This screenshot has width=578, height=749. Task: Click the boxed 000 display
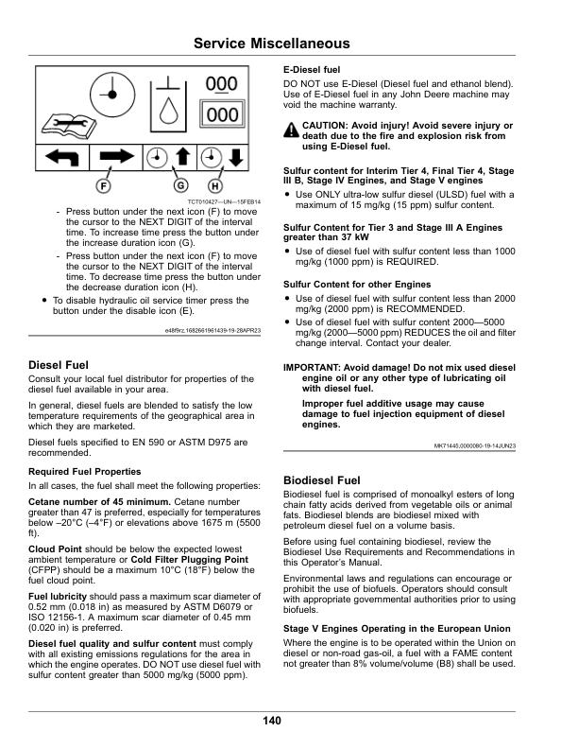tap(222, 114)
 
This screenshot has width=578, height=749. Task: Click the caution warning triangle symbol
tap(290, 129)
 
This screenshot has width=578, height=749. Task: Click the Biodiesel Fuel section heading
tap(322, 480)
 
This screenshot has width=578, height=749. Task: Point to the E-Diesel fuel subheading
tap(313, 71)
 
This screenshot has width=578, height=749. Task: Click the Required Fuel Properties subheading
tap(85, 471)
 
